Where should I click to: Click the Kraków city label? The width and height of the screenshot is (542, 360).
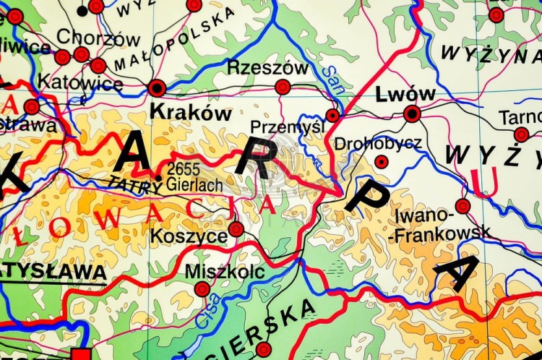190,113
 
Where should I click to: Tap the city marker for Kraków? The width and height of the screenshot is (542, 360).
157,88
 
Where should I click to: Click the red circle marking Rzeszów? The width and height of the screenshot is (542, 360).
283,87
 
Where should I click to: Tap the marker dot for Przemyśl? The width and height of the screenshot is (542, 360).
332,115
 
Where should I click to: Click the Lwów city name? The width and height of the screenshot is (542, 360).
405,94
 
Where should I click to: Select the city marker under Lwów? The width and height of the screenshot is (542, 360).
412,113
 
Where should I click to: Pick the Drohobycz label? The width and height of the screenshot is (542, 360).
378,143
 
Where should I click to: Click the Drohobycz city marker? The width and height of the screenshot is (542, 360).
382,162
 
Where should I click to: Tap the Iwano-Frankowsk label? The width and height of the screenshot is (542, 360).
442,223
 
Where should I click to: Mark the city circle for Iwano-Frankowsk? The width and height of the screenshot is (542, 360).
463,206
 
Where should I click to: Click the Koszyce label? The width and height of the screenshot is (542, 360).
188,236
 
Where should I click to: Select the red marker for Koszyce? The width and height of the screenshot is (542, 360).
236,230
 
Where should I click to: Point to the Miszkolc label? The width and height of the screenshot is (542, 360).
225,272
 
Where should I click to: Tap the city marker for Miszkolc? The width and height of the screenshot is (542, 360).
202,290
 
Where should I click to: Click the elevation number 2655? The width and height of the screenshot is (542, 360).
182,168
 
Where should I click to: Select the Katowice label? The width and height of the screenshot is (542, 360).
81,84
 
